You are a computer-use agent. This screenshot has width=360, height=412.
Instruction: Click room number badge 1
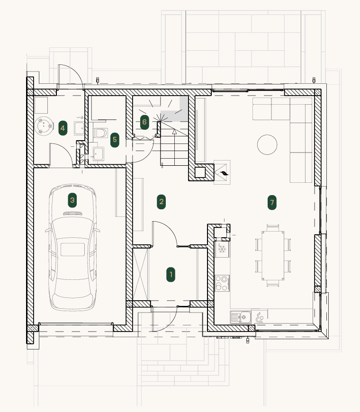pos(171,275)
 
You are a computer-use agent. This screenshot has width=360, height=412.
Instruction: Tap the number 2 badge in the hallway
pos(161,202)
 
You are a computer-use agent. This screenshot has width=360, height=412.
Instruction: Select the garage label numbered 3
pos(72,200)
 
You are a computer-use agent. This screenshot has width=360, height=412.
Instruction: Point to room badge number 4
pos(63,128)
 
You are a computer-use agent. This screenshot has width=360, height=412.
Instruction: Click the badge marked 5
pos(115,140)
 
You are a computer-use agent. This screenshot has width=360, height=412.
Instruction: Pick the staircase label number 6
pos(144,122)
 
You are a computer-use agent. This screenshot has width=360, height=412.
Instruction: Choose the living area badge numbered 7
pos(272,202)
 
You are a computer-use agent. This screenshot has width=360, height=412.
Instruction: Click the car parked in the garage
pos(72,247)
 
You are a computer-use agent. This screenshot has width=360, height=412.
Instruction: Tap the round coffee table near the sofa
pos(267,144)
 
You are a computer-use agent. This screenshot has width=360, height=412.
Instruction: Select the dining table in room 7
pos(273,256)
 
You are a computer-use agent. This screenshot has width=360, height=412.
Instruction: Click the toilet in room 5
pos(101,133)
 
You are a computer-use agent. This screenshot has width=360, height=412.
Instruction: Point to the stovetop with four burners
pos(222,283)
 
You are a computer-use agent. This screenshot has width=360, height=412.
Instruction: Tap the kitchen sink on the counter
pos(241,317)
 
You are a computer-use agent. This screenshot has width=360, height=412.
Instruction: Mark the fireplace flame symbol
pos(224,173)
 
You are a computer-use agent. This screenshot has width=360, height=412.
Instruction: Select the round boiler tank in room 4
pos(44,126)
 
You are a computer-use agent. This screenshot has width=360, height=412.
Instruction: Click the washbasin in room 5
pos(98,154)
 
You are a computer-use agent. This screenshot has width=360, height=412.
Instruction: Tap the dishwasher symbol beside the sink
pos(259,317)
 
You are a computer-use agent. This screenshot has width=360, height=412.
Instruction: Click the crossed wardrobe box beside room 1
pos(141,275)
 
